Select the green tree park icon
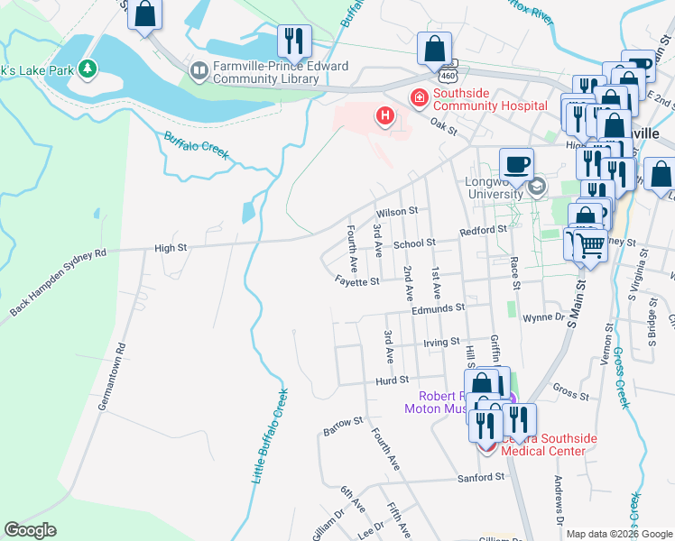(x=87, y=68)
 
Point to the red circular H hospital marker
(x=385, y=116)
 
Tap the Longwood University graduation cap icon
(x=537, y=187)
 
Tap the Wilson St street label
(x=397, y=212)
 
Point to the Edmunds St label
(x=438, y=307)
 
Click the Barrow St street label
(x=343, y=421)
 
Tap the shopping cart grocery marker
(x=590, y=243)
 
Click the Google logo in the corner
(x=30, y=530)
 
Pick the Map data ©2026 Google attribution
(x=619, y=534)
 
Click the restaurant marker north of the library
(x=294, y=41)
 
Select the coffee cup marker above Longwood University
(x=516, y=164)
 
